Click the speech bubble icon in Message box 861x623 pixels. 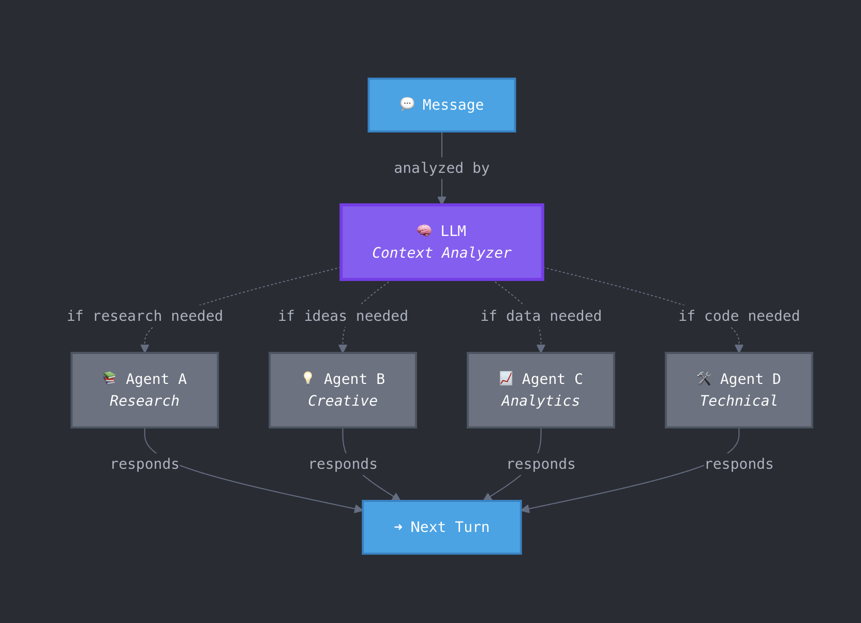(407, 104)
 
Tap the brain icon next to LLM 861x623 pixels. (424, 230)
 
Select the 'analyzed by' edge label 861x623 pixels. (441, 168)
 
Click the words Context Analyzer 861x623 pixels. (441, 253)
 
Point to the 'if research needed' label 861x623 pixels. (145, 316)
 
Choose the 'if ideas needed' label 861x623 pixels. (343, 316)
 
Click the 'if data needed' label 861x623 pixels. (541, 316)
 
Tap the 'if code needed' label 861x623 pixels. (739, 316)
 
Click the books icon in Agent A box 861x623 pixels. (109, 378)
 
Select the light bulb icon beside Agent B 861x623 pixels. (308, 378)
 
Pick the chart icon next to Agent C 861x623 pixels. (506, 378)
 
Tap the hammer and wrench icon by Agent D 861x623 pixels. (704, 378)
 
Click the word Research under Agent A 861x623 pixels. (144, 401)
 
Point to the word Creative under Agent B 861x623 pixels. (343, 401)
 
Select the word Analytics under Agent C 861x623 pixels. (540, 401)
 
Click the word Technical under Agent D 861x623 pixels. (738, 401)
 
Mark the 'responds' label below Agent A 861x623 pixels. (145, 464)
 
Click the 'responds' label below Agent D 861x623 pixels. (739, 464)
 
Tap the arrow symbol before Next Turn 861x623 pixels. (398, 527)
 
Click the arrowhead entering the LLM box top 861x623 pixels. (442, 200)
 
